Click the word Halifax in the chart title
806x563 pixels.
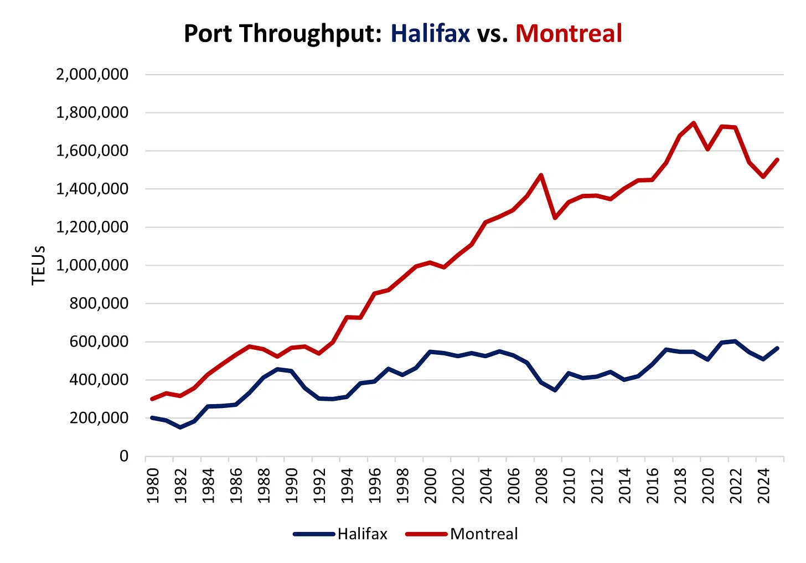430,34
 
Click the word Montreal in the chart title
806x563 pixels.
569,34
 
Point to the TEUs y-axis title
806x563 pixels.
38,265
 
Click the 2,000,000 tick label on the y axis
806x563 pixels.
92,74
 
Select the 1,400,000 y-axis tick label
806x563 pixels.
92,189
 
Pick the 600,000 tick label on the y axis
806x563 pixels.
99,342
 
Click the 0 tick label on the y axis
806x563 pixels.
123,456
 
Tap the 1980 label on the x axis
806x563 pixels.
153,485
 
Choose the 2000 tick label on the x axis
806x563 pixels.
430,485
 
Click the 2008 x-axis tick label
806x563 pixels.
541,485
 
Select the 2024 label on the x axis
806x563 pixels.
763,485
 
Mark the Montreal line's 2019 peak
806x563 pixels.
694,123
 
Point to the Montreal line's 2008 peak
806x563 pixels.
541,175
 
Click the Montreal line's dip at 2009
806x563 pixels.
555,218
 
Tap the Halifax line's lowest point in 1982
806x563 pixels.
180,427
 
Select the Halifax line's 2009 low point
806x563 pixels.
555,390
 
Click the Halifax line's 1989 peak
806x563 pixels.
277,369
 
